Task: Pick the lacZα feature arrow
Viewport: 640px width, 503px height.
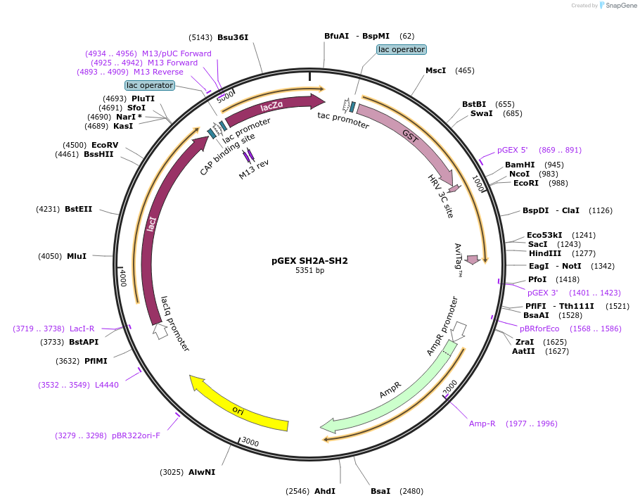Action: (x=271, y=106)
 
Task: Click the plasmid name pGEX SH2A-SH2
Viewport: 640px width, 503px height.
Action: (x=309, y=260)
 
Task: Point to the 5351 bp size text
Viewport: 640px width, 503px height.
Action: (x=309, y=270)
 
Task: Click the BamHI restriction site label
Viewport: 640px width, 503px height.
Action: (x=520, y=165)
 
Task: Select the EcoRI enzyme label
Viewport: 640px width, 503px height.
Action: (x=525, y=183)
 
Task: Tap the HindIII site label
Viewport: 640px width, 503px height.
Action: (x=545, y=253)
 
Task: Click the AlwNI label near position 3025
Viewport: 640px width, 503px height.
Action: (x=202, y=472)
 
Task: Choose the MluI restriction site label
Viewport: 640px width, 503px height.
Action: (x=77, y=256)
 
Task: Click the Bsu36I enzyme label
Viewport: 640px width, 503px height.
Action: (x=233, y=37)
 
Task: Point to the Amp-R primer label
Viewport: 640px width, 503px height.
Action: (x=482, y=424)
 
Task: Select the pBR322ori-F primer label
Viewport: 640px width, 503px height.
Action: (x=136, y=435)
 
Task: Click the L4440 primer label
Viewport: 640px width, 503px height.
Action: (x=107, y=385)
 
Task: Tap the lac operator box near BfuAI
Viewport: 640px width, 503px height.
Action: (x=401, y=49)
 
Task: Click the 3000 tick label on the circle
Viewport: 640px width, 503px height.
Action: (x=250, y=442)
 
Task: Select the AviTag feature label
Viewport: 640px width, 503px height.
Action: (x=458, y=260)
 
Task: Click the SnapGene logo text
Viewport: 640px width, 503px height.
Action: (x=619, y=6)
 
